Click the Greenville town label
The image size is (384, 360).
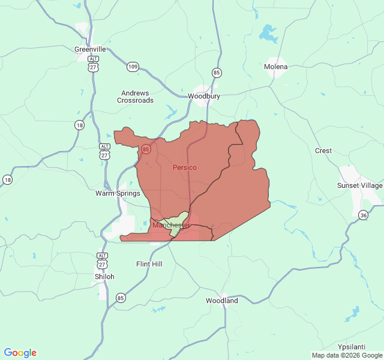coord(90,49)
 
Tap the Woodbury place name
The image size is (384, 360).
coord(204,96)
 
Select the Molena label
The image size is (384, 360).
coord(276,67)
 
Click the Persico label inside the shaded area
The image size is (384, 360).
coord(185,167)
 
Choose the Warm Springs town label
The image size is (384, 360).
coord(118,193)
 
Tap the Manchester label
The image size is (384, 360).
coord(171,225)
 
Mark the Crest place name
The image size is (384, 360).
coord(323,151)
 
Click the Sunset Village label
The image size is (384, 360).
coord(359,185)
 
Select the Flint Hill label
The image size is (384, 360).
coord(149,264)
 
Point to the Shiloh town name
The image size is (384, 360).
coord(104,277)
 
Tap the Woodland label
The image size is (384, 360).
coord(222,301)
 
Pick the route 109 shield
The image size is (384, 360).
coord(133,67)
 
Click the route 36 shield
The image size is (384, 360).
coord(364,215)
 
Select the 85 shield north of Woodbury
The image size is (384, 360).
coord(217,73)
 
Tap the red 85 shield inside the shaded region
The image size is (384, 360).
coord(146,149)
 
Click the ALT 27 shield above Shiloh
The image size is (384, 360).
coord(103,261)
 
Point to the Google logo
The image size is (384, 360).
coord(20,353)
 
